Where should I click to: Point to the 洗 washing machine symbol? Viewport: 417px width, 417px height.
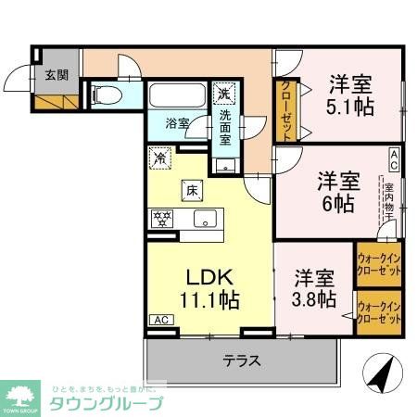[223, 94]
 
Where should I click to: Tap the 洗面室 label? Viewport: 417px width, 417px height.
[226, 128]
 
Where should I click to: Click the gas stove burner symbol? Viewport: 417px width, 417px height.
[161, 219]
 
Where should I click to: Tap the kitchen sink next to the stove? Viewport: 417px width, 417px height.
[205, 219]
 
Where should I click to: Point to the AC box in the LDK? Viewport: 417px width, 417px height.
[160, 321]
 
